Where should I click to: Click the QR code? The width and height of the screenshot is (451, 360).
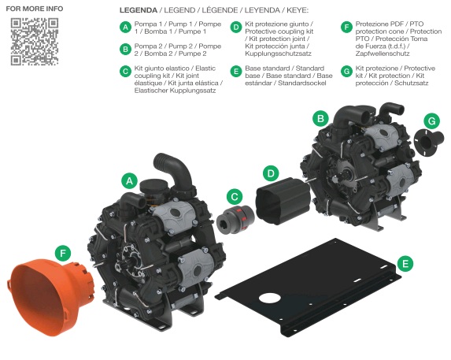35,42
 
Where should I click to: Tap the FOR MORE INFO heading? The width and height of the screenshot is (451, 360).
35,9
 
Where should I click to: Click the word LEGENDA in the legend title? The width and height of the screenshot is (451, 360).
139,10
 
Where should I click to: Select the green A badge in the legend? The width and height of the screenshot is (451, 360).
125,28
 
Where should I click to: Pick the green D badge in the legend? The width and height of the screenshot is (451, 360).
236,28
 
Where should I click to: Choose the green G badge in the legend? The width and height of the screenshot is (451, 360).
346,72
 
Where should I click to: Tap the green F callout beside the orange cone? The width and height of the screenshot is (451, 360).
63,253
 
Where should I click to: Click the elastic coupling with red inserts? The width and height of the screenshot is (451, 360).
236,218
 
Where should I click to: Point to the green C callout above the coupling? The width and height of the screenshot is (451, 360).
235,197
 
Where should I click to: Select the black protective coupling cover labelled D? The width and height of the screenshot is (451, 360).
283,201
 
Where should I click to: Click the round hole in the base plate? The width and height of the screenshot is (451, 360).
269,298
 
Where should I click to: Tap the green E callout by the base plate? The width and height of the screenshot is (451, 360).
405,264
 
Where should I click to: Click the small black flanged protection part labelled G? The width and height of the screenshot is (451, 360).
429,142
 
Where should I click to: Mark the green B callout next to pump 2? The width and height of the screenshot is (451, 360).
320,118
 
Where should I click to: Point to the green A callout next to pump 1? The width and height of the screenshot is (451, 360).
129,180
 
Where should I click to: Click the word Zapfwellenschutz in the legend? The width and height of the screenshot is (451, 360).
383,54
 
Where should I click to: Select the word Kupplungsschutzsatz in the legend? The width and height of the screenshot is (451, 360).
278,54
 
